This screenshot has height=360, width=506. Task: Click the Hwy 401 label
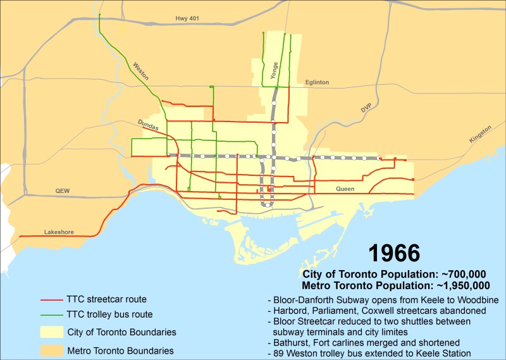click(187, 19)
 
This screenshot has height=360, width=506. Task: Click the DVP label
click(366, 109)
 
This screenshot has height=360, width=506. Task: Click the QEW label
click(63, 190)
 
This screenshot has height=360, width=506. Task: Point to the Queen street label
click(345, 189)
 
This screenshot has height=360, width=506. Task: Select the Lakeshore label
click(59, 232)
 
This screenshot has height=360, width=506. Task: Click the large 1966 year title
click(394, 254)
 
